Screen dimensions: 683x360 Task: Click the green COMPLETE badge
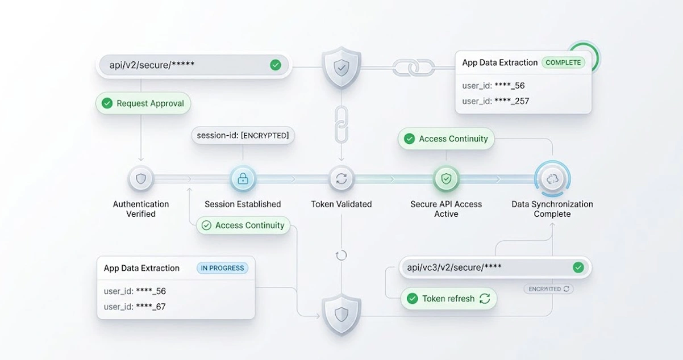[x=563, y=62]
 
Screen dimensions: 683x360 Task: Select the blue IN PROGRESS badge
[x=222, y=268]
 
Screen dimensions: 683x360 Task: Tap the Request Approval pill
[x=143, y=103]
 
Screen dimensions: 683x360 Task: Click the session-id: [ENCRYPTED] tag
[x=243, y=135]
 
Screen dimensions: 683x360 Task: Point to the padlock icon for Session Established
[x=243, y=179]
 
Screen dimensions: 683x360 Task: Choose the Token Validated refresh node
[x=341, y=179]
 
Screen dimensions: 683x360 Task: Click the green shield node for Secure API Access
[x=446, y=179]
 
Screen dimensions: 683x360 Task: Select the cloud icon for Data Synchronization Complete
[x=552, y=179]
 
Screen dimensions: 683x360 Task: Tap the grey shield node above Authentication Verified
[x=141, y=179]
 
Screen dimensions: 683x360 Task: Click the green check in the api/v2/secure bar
[x=276, y=65]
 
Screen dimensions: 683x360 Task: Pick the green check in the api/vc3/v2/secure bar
[x=578, y=267]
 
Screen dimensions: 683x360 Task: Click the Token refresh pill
[x=448, y=299]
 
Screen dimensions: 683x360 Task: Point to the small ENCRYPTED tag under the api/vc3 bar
[x=548, y=288]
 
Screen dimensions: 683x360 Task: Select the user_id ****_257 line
[x=495, y=101]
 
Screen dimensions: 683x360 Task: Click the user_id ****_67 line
[x=135, y=307]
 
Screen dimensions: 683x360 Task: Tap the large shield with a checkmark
[x=342, y=68]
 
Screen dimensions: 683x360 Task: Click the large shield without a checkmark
[x=342, y=314]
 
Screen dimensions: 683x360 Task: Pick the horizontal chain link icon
[x=414, y=68]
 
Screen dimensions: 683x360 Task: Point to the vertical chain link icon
[x=342, y=124]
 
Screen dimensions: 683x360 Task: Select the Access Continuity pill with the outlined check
[x=243, y=225]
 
